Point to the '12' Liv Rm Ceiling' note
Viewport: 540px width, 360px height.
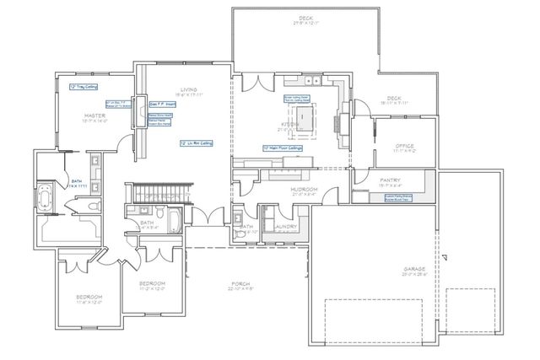[x=196, y=143]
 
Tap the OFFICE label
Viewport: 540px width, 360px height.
[x=405, y=146]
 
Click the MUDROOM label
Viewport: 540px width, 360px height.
[x=303, y=190]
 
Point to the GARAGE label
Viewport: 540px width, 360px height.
[x=414, y=269]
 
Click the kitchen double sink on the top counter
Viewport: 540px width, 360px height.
[x=314, y=81]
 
